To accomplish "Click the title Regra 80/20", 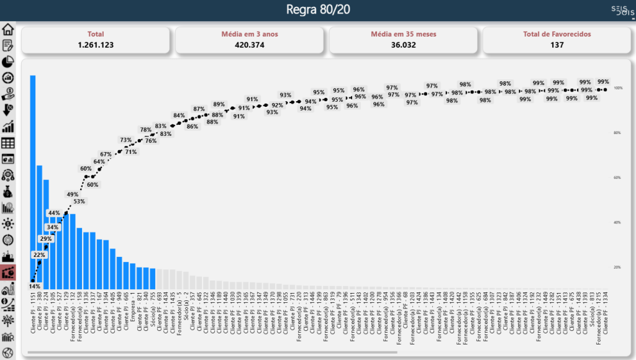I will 318,10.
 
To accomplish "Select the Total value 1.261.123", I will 96,45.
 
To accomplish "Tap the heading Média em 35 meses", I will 403,34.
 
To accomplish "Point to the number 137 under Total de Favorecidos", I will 556,45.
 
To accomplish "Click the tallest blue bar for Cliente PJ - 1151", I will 33,180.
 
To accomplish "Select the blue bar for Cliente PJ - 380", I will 40,227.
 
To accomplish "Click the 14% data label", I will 35,286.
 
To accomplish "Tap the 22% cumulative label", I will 39,255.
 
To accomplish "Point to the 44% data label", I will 53,213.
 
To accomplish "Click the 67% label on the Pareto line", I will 106,154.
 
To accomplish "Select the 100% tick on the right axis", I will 618,88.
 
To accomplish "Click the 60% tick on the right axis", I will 618,178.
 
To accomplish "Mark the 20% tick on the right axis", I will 618,267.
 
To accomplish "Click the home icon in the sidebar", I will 8,29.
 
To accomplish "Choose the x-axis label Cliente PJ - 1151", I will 33,314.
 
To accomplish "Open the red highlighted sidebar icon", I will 8,272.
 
